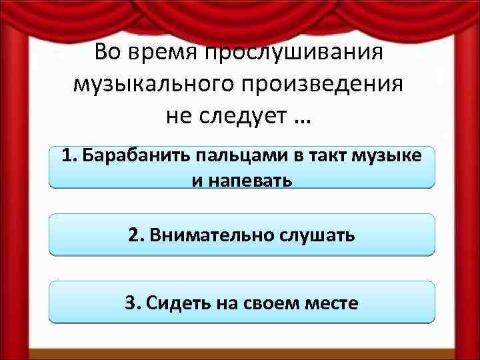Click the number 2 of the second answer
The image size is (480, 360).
[135, 235]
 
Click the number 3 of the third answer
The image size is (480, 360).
[131, 303]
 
